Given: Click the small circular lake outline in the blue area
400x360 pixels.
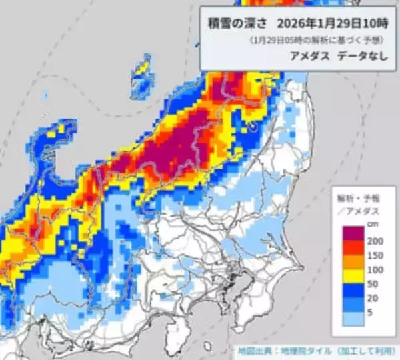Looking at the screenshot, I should [x=253, y=124].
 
